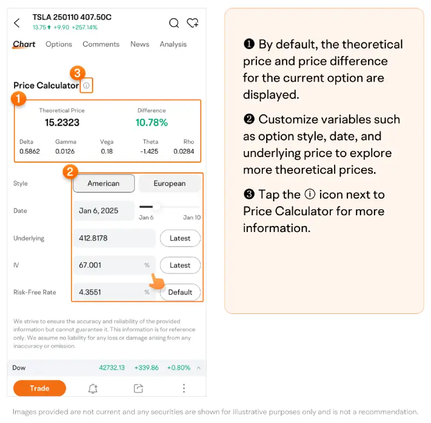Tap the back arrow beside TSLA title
click(x=17, y=23)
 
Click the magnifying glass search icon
click(x=173, y=23)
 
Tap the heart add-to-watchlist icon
click(x=192, y=23)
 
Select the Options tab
click(x=59, y=44)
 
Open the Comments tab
click(x=101, y=44)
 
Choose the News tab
click(x=140, y=44)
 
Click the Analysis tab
click(x=173, y=44)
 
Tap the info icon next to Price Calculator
click(x=86, y=85)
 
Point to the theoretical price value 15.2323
click(x=62, y=122)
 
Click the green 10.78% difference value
click(x=151, y=122)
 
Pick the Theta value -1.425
click(x=149, y=152)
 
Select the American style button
click(x=103, y=183)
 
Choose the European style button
click(x=169, y=183)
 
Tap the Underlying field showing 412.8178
click(x=114, y=238)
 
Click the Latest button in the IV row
click(x=180, y=265)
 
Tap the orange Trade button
click(x=39, y=388)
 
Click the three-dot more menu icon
click(x=184, y=388)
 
